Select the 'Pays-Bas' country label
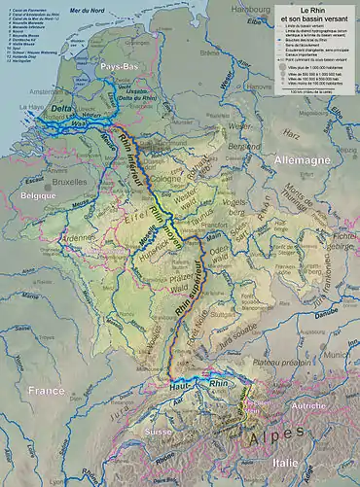pos(118,65)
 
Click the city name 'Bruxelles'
pos(71,182)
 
